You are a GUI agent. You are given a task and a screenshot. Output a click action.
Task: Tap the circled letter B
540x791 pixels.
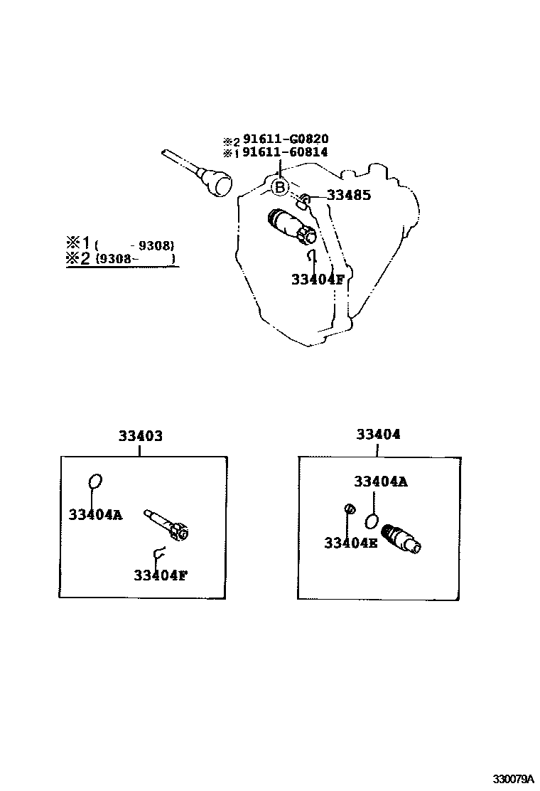point(280,187)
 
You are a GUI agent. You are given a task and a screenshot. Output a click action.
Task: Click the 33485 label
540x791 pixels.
point(348,195)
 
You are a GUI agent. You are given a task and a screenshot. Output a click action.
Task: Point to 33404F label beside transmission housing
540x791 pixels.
point(317,280)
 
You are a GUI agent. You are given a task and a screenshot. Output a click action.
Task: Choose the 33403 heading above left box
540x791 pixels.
point(140,436)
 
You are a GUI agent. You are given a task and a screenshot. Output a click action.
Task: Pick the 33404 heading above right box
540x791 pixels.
point(378,434)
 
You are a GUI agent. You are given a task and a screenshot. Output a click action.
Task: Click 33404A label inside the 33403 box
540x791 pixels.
point(95,514)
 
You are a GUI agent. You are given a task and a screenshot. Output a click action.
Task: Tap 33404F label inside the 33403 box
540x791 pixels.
point(160,574)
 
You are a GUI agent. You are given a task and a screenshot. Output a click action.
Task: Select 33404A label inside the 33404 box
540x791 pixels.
point(381,482)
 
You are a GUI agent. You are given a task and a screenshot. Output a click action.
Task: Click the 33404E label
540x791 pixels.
point(350,543)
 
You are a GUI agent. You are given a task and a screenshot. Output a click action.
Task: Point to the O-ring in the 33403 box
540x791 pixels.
point(96,482)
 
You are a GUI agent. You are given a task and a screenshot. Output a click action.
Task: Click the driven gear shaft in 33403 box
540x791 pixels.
point(167,524)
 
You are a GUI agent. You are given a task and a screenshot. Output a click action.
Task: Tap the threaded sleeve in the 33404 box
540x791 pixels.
point(402,538)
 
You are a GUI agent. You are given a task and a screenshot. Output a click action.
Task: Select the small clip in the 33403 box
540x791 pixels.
point(158,551)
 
